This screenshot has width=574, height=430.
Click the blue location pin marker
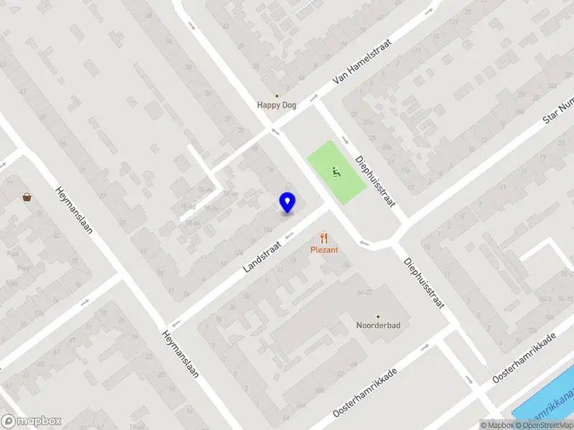coord(287,203)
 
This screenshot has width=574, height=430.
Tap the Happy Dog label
coord(277,105)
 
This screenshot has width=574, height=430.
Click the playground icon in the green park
coord(336,171)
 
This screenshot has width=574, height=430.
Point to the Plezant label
coord(324,250)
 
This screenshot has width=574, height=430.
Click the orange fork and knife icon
coord(324,237)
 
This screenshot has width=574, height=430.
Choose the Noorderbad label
coord(377,325)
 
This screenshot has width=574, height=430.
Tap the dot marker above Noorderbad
coord(377,315)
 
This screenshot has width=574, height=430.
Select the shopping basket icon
coord(27,197)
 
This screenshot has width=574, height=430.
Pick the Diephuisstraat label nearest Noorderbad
coord(423,285)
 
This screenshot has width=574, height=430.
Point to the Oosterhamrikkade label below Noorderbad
coord(364,392)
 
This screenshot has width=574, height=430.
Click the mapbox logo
coord(32,421)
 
